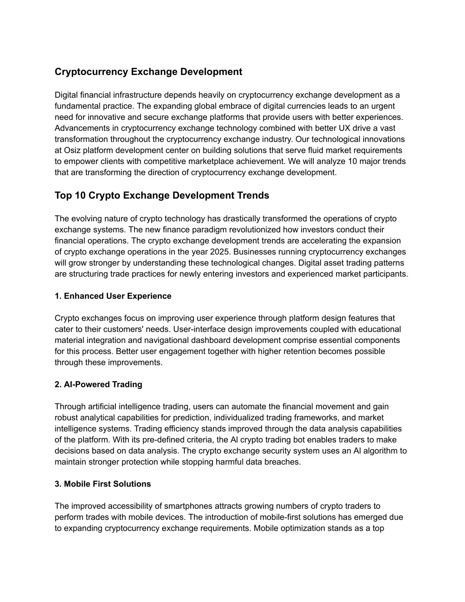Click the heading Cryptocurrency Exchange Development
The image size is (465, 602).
tap(148, 72)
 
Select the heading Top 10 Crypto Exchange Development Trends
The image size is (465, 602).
tap(162, 195)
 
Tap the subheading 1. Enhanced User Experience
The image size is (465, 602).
tap(113, 296)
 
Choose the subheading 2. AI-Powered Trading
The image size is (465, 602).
tap(99, 384)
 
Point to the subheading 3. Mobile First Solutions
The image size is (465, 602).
tap(103, 484)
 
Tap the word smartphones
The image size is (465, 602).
tap(188, 506)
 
